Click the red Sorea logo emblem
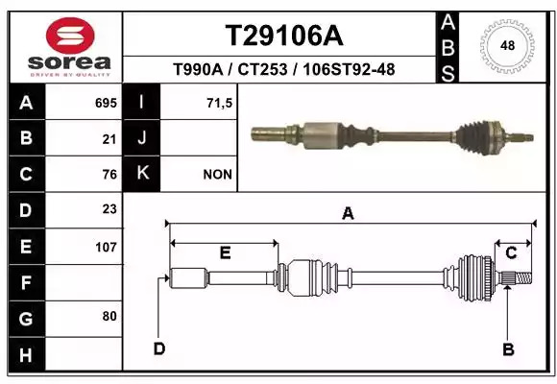[x=70, y=36]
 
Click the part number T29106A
[x=284, y=36]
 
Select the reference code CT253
[x=262, y=69]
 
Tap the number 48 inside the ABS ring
[x=507, y=45]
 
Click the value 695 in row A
[x=106, y=103]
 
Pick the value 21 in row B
[x=109, y=139]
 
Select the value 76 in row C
[x=109, y=175]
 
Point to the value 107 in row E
[x=106, y=247]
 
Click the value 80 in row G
[x=109, y=316]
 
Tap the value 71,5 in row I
[x=219, y=103]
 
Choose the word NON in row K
[x=217, y=175]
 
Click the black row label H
[x=27, y=355]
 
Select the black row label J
[x=141, y=138]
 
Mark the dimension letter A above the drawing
[x=348, y=213]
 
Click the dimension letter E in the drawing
[x=226, y=252]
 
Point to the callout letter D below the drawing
[x=159, y=348]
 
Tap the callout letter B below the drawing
[x=508, y=349]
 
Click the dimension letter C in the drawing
[x=511, y=253]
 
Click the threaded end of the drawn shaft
[x=523, y=277]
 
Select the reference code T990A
[x=198, y=69]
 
